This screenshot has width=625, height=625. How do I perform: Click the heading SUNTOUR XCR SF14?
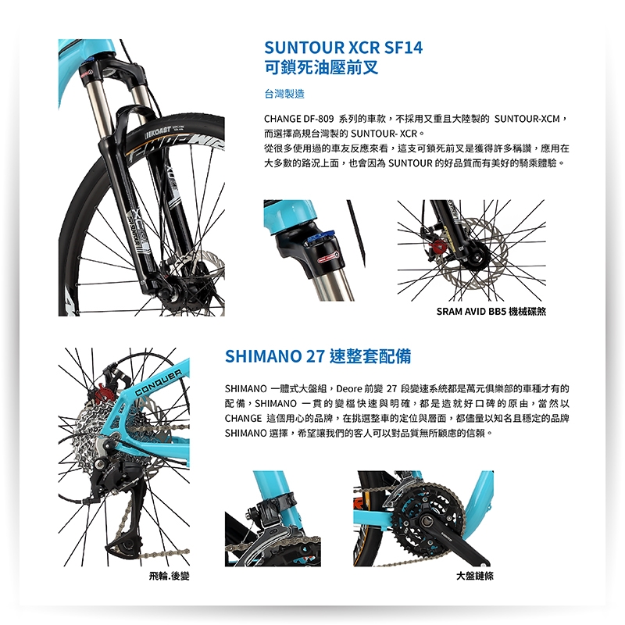pos(343,48)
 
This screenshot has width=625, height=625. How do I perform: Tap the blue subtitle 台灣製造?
pos(284,94)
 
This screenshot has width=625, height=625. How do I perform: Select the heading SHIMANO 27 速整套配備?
pos(318,356)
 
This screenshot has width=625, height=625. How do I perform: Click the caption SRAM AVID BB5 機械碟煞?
pos(491,311)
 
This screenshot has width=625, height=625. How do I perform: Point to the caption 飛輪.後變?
pos(169,576)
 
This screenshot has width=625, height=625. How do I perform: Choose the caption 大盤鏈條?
pos(475,576)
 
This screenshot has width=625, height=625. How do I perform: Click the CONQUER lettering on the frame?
pos(159,383)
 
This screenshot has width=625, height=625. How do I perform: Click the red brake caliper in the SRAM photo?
pos(437,247)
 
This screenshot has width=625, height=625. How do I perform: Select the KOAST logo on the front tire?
pos(159,130)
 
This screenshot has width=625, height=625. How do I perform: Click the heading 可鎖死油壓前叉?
pos(321,67)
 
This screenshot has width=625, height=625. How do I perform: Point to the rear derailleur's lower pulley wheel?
pos(127,544)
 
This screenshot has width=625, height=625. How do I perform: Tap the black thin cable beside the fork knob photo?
pos(356,233)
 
